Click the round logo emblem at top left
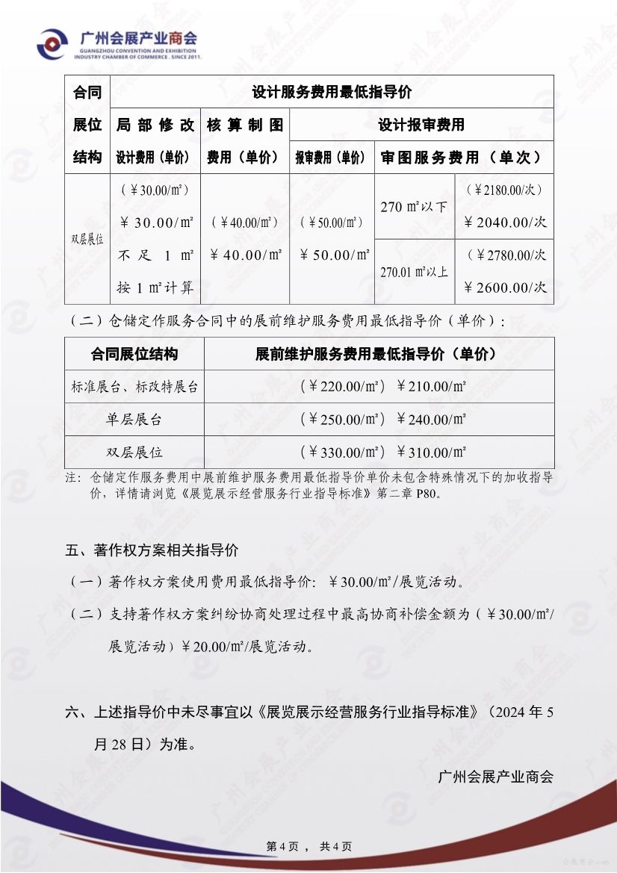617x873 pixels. [x=52, y=44]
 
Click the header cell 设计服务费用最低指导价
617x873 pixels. [x=332, y=93]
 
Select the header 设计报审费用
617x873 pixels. [x=421, y=125]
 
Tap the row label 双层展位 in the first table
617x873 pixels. [x=87, y=240]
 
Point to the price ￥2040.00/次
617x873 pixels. [x=506, y=223]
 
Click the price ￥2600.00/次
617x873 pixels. [x=506, y=288]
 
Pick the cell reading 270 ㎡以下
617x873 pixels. [x=414, y=207]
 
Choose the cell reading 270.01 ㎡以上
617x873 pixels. [x=415, y=272]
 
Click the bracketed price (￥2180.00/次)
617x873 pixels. [x=506, y=190]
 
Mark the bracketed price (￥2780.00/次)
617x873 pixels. [x=506, y=255]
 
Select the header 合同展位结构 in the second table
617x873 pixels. [x=134, y=354]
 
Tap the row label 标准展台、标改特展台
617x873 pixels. [x=134, y=387]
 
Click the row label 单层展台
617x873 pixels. [x=134, y=420]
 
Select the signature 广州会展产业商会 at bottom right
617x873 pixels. [x=496, y=777]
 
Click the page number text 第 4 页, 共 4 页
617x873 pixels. [x=309, y=846]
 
